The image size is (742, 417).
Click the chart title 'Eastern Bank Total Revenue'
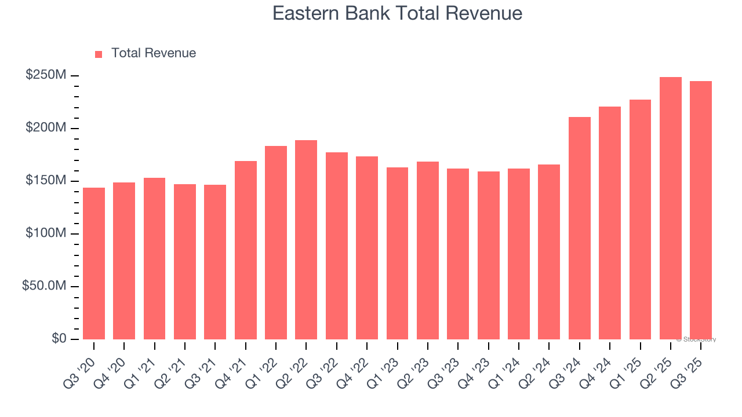pos(397,13)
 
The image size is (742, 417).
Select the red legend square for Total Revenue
pos(99,54)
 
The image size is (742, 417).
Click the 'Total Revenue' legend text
pos(154,53)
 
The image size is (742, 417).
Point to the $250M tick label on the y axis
pos(46,75)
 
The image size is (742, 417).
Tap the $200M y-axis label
pos(46,128)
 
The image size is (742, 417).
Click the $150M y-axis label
pos(46,181)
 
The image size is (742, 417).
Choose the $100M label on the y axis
pos(46,233)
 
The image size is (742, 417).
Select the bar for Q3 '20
pos(94,264)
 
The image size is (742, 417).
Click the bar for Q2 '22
pos(306,240)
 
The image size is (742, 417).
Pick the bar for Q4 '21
pos(246,250)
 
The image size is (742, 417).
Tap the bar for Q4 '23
pos(489,255)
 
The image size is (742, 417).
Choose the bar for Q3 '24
pos(580,228)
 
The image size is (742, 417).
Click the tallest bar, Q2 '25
pos(671,209)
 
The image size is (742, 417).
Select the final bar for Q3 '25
pos(701,210)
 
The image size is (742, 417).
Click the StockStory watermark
pos(696,339)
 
